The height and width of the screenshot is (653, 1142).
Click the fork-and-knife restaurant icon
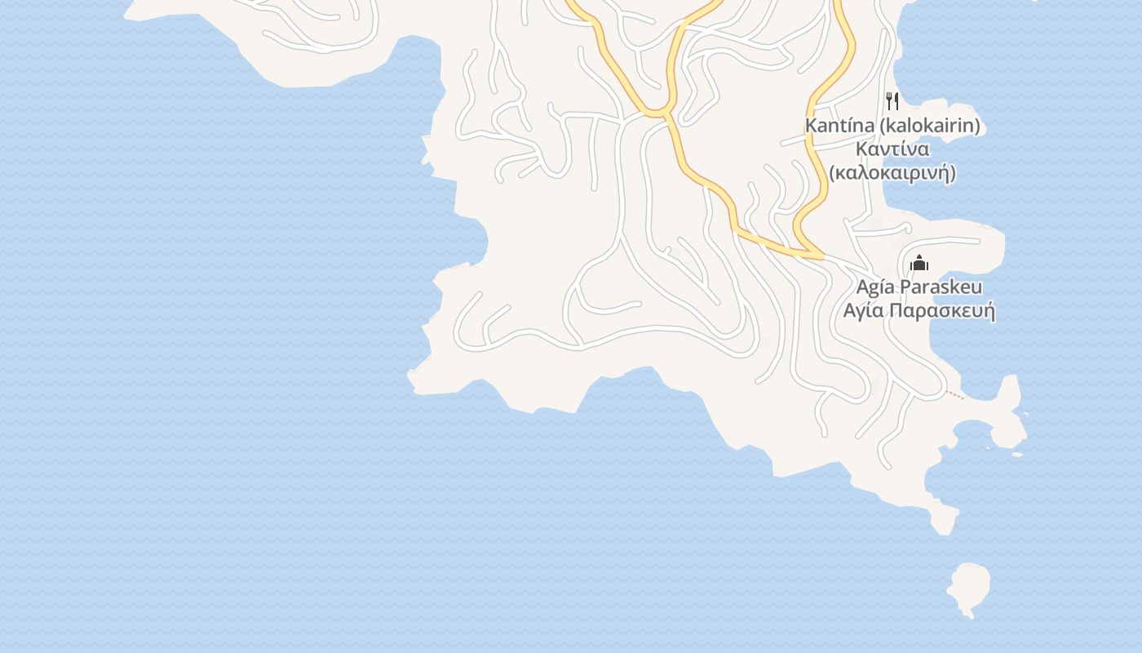pos(892,101)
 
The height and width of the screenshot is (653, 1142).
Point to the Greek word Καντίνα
pos(893,149)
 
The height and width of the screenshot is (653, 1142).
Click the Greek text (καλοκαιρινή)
pos(892,173)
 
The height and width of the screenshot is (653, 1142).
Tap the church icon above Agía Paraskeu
pos(919,263)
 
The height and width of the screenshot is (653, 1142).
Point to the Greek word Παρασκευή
pos(942,312)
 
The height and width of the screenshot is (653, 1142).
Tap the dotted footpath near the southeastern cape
pos(954,395)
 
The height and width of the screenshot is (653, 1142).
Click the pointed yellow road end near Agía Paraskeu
pos(819,257)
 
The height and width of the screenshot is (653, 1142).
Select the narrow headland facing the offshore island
pos(942,518)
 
